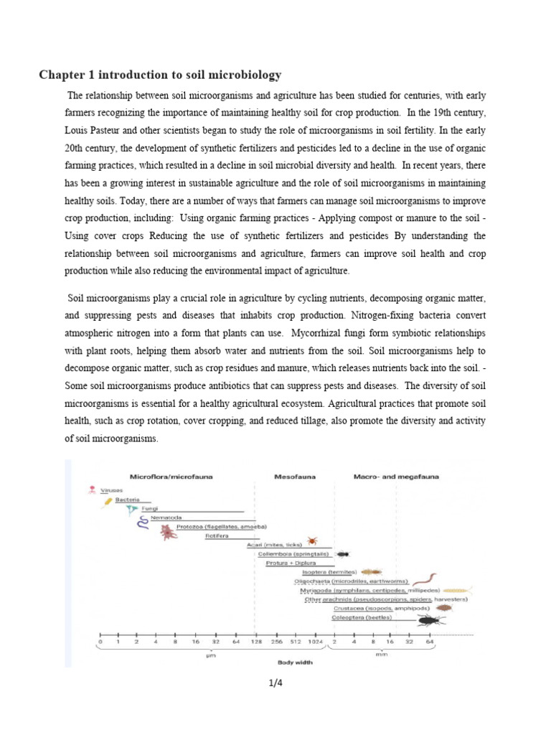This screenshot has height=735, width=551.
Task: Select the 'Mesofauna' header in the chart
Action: pyautogui.click(x=296, y=476)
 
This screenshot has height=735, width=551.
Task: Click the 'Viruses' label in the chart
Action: pyautogui.click(x=111, y=490)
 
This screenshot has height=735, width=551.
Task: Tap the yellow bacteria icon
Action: pyautogui.click(x=108, y=501)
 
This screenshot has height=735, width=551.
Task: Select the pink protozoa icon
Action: pyautogui.click(x=167, y=532)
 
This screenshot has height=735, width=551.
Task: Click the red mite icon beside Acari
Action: pyautogui.click(x=312, y=540)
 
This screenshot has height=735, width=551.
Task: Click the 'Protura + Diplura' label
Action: pyautogui.click(x=287, y=563)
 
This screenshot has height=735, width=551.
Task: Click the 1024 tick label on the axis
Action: pyautogui.click(x=315, y=642)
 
